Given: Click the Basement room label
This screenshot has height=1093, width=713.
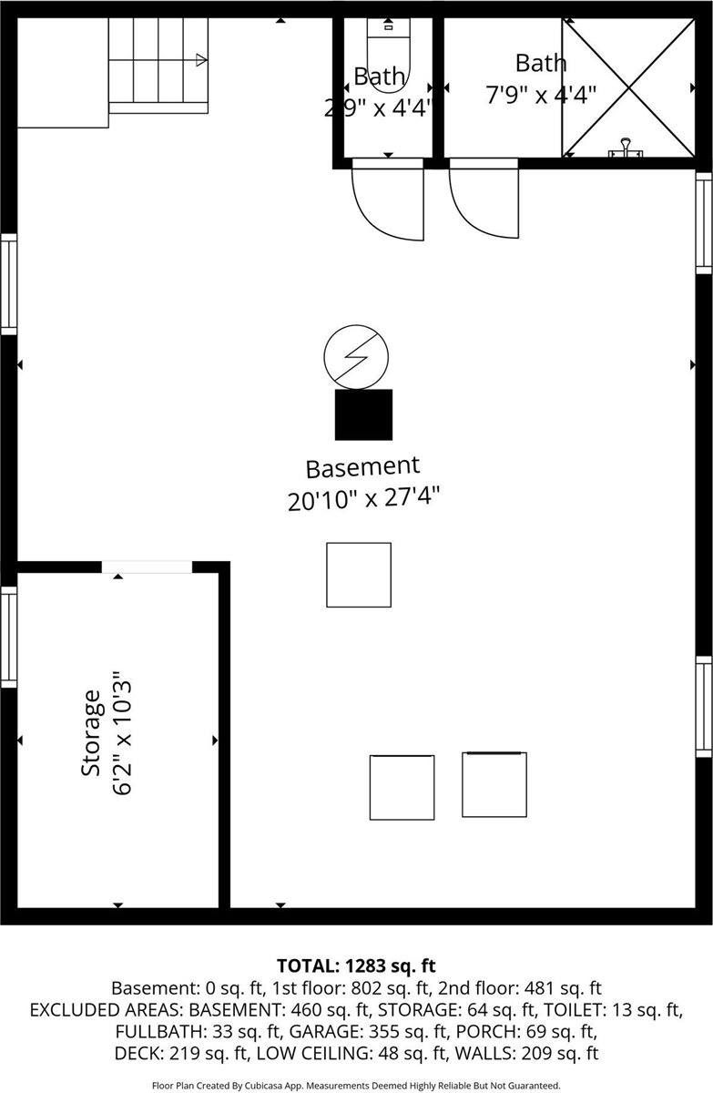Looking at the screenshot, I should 362,467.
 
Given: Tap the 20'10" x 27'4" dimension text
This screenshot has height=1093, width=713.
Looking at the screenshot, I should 364,500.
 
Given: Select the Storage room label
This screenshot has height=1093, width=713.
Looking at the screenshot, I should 91,733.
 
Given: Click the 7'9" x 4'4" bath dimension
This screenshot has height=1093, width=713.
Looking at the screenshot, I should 541,94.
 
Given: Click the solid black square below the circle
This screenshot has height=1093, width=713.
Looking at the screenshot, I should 363,414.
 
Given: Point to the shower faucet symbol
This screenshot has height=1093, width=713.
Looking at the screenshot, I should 626,147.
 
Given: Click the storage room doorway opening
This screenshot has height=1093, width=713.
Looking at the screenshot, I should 147,567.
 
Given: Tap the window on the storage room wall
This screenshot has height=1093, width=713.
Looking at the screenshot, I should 8,636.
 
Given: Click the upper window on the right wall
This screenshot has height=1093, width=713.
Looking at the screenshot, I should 704,221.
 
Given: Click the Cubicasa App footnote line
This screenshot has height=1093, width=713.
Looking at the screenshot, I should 356,1085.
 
